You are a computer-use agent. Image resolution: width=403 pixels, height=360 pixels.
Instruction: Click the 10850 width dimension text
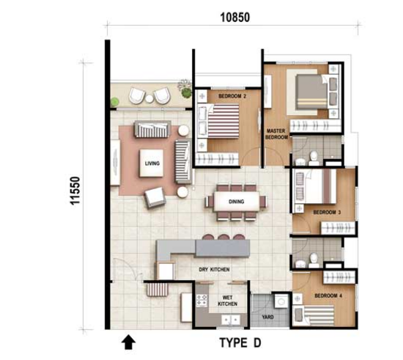pos(235,18)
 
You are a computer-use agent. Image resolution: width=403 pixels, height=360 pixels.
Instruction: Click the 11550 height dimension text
pos(75,191)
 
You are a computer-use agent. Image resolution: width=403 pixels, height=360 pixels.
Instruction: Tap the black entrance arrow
pos(128,342)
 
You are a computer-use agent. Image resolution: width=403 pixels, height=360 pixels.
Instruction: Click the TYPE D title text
pos(240,343)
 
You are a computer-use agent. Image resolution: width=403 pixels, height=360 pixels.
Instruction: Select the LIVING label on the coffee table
pos(152,164)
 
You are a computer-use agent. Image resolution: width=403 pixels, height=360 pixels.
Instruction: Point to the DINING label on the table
pos(236,202)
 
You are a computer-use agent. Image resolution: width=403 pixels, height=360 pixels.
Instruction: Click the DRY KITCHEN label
pos(214,270)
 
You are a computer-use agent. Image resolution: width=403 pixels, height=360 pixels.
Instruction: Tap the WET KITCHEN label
pos(227,301)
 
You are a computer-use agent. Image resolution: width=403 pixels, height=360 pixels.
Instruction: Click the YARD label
pos(267,317)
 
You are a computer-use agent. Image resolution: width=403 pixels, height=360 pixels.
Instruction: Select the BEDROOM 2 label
pos(232,96)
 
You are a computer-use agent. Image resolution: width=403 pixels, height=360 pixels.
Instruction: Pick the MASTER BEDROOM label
pos(276,134)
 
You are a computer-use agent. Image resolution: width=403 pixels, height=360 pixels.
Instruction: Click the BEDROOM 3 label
pos(327,213)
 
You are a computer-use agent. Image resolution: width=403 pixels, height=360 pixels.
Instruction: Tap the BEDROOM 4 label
pos(328,295)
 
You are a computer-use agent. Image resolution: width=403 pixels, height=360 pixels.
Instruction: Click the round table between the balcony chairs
pos(149,98)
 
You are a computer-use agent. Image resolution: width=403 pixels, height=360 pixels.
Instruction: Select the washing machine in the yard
pos(281,301)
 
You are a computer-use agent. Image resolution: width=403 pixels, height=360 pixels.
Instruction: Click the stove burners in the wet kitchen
pos(202,301)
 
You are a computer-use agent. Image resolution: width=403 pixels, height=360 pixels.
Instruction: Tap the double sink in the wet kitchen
pos(231,320)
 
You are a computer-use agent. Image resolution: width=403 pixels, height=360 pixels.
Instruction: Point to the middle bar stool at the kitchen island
pos(223,237)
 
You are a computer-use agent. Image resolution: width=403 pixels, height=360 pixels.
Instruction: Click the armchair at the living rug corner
pos(155,197)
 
